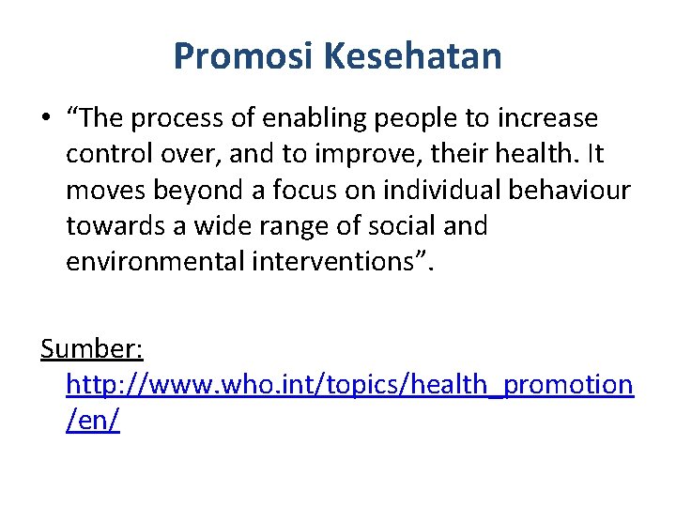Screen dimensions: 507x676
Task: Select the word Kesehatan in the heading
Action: tap(412, 57)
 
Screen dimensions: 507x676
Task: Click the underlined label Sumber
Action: tap(91, 350)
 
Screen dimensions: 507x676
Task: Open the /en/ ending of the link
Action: tap(92, 422)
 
